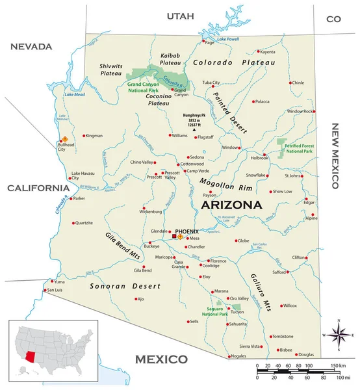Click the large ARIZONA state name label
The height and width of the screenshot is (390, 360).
[232, 205]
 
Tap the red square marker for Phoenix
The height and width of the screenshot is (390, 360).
[174, 237]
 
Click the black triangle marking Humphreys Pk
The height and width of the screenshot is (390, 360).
[194, 131]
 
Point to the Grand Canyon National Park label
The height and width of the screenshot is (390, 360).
[144, 88]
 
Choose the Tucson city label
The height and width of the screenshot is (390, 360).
[237, 311]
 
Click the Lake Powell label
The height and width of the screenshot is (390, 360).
[227, 40]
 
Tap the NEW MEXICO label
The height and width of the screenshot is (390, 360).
[336, 156]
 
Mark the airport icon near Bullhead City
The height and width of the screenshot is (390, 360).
[64, 138]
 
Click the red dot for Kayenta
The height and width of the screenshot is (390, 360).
[258, 51]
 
